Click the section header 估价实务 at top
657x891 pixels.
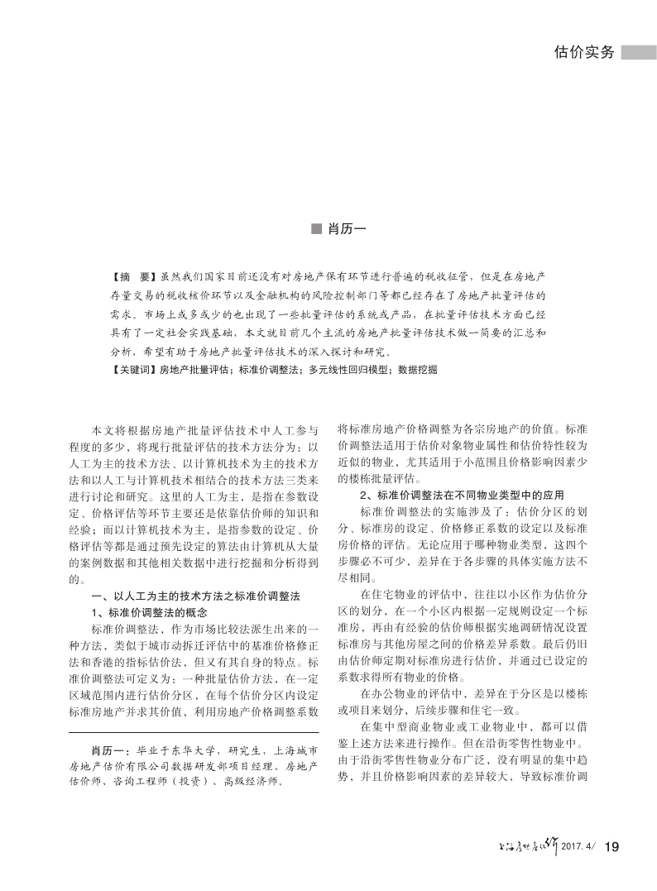coord(584,52)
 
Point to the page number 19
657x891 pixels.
coord(612,845)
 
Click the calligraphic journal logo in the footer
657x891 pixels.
coord(523,844)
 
